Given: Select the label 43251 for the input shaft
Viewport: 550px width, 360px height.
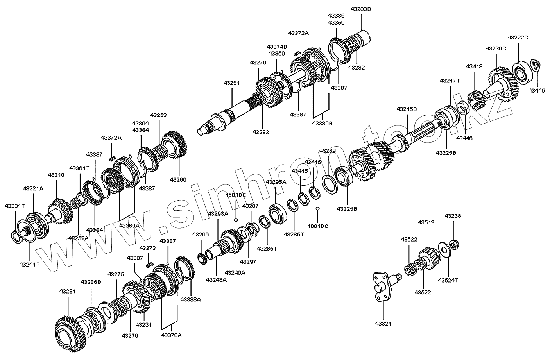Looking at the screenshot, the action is [232, 83].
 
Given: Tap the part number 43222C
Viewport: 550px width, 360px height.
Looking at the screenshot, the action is [518, 38].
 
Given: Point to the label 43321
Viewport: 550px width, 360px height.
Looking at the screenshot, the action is [383, 324].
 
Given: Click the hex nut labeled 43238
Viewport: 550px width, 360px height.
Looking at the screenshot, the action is [454, 245].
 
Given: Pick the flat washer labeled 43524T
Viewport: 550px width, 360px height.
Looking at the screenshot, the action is [443, 249].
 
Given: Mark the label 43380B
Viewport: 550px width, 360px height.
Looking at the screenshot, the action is [322, 124].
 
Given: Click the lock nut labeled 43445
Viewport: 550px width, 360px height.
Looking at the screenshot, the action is [534, 64].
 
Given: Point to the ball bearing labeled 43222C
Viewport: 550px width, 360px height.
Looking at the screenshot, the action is [519, 70].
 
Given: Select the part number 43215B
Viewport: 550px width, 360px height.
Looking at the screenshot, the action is [407, 109].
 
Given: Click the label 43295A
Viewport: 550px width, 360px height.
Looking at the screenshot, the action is [276, 182].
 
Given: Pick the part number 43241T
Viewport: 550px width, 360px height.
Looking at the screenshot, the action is [30, 264].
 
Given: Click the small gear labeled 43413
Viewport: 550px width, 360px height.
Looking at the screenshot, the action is [476, 100].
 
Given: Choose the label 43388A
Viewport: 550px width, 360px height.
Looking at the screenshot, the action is [191, 299].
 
